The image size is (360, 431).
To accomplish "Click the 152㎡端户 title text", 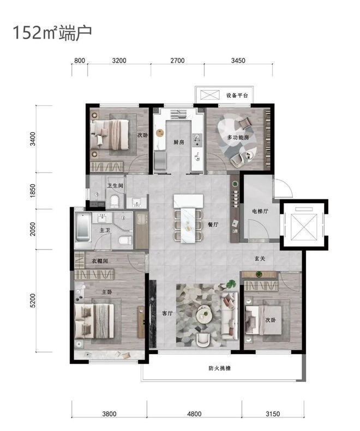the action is click(x=52, y=33).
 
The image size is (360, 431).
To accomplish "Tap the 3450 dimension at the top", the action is click(x=238, y=60).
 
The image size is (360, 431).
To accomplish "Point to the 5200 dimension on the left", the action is click(x=33, y=300).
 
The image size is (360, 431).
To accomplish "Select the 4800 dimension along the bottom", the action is click(x=194, y=414).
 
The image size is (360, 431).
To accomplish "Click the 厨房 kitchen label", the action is click(x=179, y=142).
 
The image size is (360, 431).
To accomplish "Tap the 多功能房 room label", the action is click(x=238, y=137).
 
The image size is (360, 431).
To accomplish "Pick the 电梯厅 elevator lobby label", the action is click(x=260, y=211).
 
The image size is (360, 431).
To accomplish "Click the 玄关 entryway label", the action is click(x=260, y=258).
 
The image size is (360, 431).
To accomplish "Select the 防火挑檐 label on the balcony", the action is click(x=219, y=368).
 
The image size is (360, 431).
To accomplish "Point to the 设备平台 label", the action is click(x=237, y=95).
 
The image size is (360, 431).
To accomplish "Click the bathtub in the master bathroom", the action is click(x=83, y=227).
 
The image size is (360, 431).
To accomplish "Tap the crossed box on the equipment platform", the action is click(x=209, y=95).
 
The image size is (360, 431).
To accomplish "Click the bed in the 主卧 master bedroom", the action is click(x=94, y=321).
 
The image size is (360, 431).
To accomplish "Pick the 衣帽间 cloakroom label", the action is click(x=99, y=261).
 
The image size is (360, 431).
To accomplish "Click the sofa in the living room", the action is click(x=229, y=315).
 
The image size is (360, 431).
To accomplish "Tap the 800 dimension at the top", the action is click(x=80, y=60).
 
